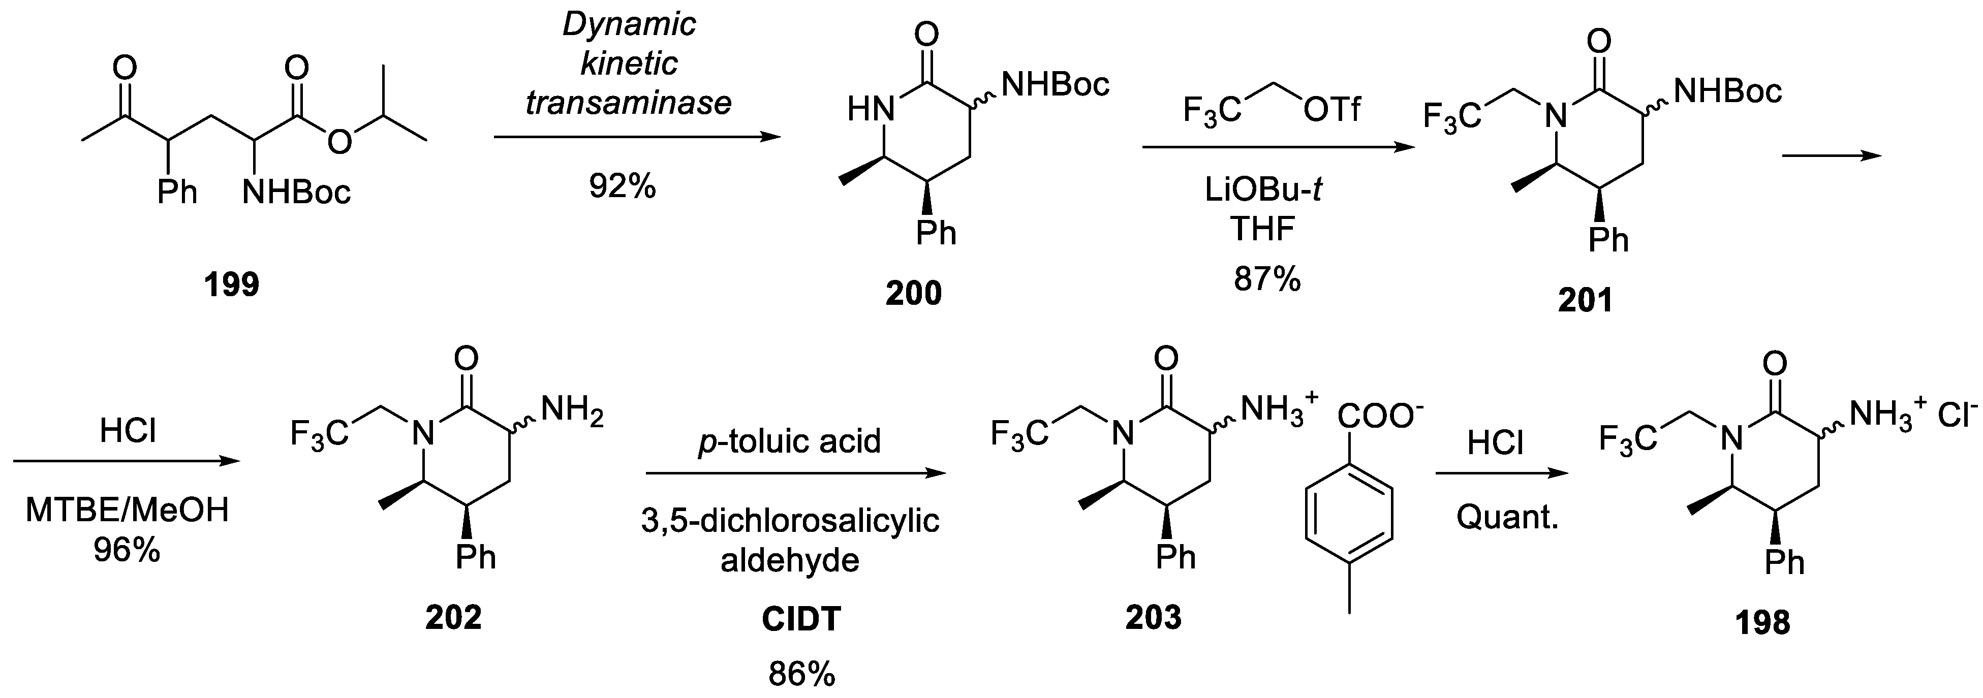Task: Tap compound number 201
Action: pos(1585,301)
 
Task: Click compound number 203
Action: pos(1153,617)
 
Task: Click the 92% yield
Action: pos(622,186)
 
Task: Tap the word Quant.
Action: pos(1506,517)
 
